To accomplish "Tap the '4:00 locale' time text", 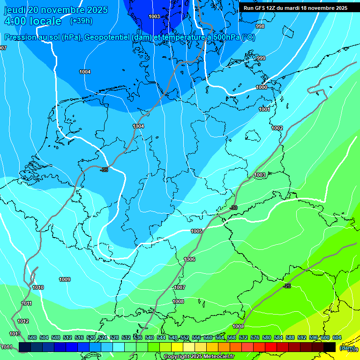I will (32, 21).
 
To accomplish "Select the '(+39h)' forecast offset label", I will (81, 21).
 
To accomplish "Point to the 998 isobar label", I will (260, 26).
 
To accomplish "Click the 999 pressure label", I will (261, 58).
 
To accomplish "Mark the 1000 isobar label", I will (262, 87).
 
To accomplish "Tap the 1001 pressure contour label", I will (264, 109).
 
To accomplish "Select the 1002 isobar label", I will (277, 128).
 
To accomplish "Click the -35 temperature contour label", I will (104, 170).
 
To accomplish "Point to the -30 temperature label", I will (234, 208).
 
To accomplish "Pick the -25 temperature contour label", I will (287, 286).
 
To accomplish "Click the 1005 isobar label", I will (196, 231).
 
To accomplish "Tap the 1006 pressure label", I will (189, 259).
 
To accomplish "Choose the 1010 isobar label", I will (38, 287).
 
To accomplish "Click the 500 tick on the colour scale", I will (32, 337).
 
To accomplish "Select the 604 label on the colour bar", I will (337, 337).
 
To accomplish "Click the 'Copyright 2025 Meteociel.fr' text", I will (199, 356).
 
